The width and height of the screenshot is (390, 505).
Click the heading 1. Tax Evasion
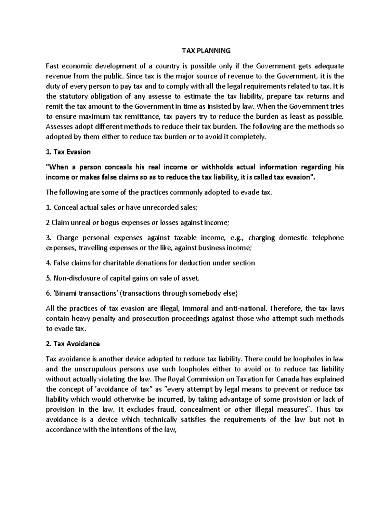click(68, 152)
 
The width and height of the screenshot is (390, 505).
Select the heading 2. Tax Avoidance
click(73, 344)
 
